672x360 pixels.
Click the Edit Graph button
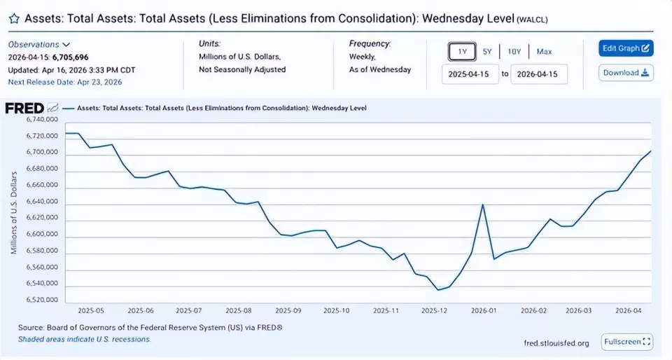click(x=626, y=48)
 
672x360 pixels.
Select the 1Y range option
click(x=462, y=51)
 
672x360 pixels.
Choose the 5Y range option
click(x=487, y=51)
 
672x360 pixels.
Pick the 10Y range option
click(x=514, y=51)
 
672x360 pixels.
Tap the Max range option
click(x=544, y=51)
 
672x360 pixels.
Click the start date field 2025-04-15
click(x=470, y=74)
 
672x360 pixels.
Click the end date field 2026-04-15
click(x=538, y=74)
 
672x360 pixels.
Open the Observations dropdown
click(x=39, y=44)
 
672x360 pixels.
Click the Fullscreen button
click(x=626, y=342)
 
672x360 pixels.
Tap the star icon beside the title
click(x=13, y=20)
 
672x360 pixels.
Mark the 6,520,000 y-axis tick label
click(x=41, y=300)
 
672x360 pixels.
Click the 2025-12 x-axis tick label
click(x=435, y=310)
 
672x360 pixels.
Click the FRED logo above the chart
click(x=25, y=108)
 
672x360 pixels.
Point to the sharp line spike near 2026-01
click(x=483, y=205)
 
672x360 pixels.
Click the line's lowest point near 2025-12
click(x=438, y=289)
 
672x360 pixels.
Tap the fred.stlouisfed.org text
click(x=556, y=343)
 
